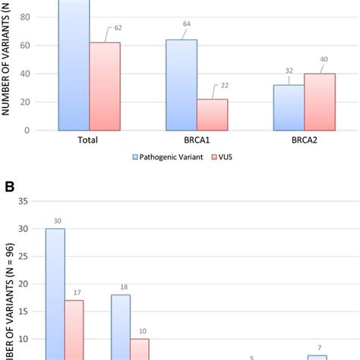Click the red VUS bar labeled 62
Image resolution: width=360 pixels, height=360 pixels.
coord(104,87)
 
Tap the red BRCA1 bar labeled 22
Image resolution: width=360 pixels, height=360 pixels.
coord(212,115)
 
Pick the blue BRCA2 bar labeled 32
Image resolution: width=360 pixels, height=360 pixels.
coord(289,107)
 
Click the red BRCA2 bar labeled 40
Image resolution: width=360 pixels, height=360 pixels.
coord(320,102)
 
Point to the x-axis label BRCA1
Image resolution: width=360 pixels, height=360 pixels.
coord(197,141)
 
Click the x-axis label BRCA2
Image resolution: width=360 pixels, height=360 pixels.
coord(304,141)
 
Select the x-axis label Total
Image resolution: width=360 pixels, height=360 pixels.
coord(89,141)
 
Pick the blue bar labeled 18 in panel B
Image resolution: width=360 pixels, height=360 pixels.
coord(121,327)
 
